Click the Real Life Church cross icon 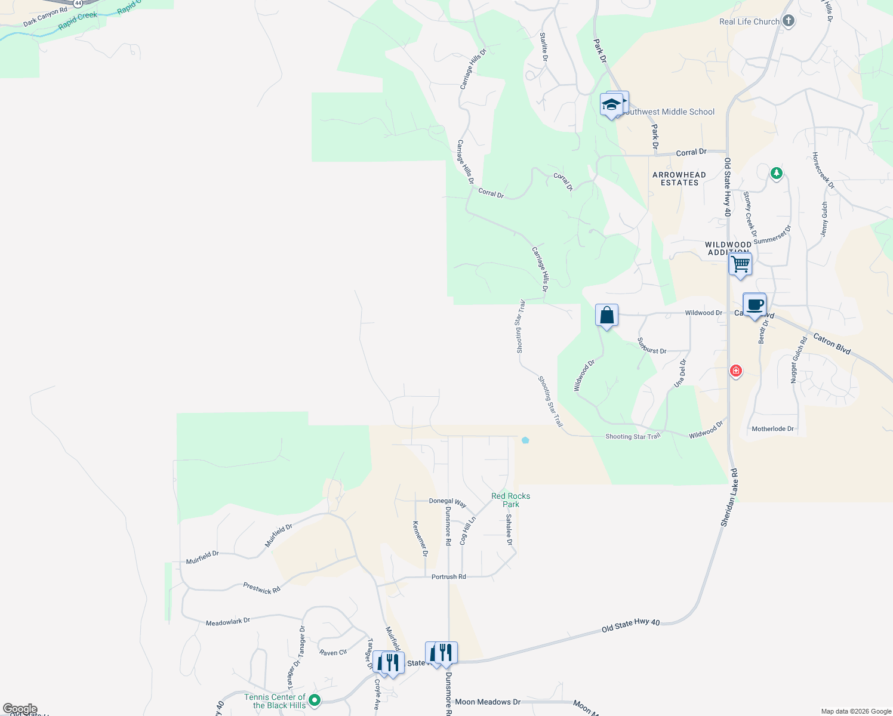pyautogui.click(x=789, y=21)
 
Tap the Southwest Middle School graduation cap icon pyautogui.click(x=612, y=105)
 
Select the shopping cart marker pyautogui.click(x=740, y=263)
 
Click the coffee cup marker pyautogui.click(x=755, y=304)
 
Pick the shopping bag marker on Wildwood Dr pyautogui.click(x=606, y=315)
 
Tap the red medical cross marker pyautogui.click(x=736, y=371)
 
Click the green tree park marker pyautogui.click(x=776, y=174)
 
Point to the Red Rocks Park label pyautogui.click(x=510, y=500)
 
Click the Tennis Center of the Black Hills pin pyautogui.click(x=315, y=700)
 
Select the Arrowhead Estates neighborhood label pyautogui.click(x=679, y=178)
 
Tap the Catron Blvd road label pyautogui.click(x=832, y=344)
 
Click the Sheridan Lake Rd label pyautogui.click(x=729, y=498)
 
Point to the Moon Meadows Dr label pyautogui.click(x=488, y=702)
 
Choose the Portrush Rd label pyautogui.click(x=448, y=577)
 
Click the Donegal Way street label pyautogui.click(x=448, y=502)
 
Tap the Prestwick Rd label pyautogui.click(x=261, y=588)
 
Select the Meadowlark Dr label pyautogui.click(x=228, y=622)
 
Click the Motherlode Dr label pyautogui.click(x=773, y=429)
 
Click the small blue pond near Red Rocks pyautogui.click(x=525, y=440)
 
